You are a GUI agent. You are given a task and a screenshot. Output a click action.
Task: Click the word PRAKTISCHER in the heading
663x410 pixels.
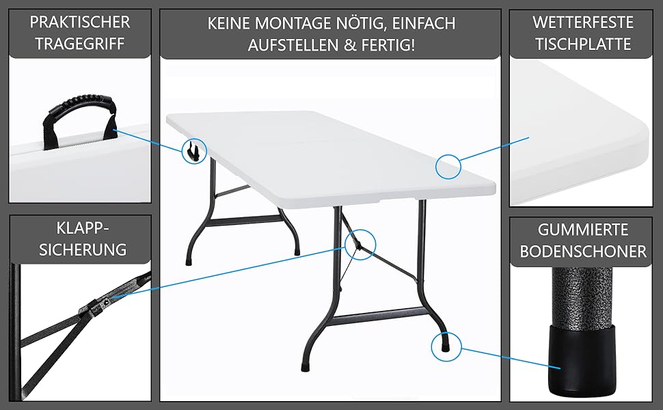[x=79, y=23]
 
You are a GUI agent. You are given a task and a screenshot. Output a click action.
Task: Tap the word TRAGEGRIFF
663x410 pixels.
[x=80, y=44]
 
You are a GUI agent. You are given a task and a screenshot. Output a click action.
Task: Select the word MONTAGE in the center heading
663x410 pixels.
[x=294, y=23]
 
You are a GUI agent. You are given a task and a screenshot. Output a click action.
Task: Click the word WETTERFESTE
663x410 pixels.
[x=583, y=23]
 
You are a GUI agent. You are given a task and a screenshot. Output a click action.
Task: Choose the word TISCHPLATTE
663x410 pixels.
[x=583, y=44]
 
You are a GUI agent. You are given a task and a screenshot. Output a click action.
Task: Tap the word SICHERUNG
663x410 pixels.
[x=83, y=249]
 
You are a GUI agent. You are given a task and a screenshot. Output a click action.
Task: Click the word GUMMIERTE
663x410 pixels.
[x=583, y=230]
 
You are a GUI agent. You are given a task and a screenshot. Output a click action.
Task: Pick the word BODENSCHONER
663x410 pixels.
[x=583, y=251]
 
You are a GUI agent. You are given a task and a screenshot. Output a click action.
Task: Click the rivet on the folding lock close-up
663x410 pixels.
[x=105, y=301]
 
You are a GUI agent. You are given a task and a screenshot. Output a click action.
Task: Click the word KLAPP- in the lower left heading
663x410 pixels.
[x=83, y=228]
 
